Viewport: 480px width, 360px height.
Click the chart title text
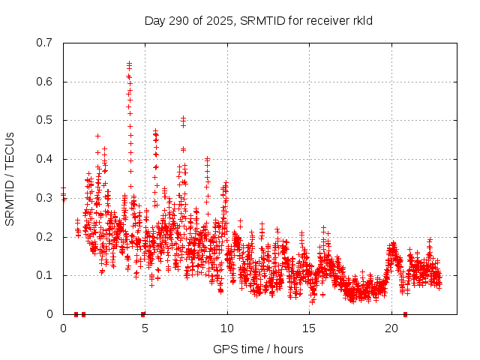[x=259, y=21]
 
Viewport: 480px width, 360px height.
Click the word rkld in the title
[x=361, y=21]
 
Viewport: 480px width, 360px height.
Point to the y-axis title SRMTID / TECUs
[x=10, y=178]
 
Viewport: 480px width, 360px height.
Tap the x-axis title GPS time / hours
[x=259, y=349]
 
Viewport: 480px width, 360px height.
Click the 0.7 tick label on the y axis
[x=47, y=43]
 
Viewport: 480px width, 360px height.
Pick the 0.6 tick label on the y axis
[x=47, y=82]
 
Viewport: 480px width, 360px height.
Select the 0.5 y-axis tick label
[x=47, y=120]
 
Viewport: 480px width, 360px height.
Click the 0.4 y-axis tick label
[x=47, y=159]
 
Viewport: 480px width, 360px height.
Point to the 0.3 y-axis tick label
[x=47, y=198]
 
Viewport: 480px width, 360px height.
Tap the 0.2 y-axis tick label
[x=47, y=237]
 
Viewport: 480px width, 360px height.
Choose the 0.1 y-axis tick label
[x=47, y=275]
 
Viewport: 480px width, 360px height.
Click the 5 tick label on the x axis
[x=145, y=328]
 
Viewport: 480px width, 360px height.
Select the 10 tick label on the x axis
[x=227, y=328]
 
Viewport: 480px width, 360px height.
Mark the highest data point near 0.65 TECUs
[x=129, y=63]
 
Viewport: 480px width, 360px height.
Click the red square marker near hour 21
[x=406, y=314]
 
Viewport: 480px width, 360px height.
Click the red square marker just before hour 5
[x=142, y=314]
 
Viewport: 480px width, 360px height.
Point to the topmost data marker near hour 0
[x=63, y=189]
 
